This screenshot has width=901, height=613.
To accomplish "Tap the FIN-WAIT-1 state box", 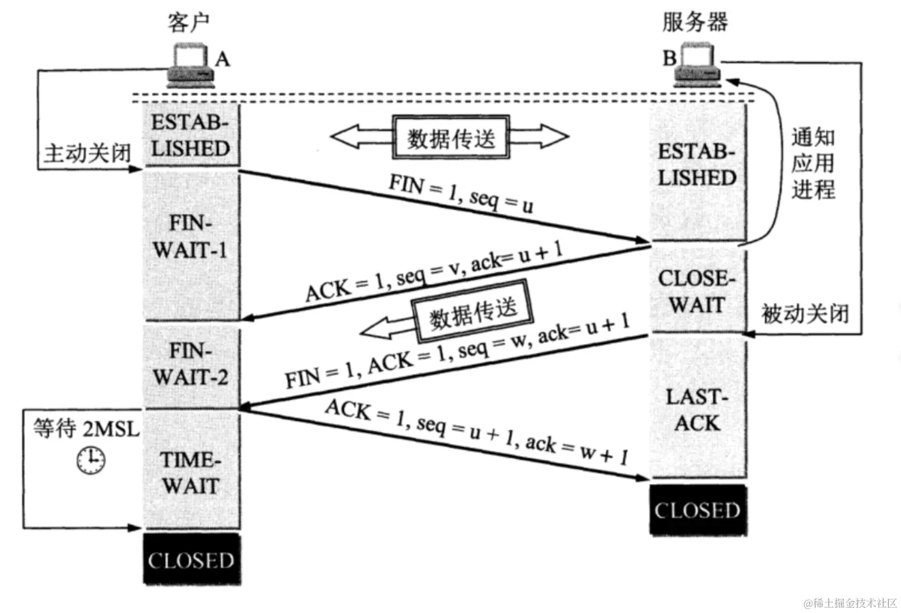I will (x=191, y=237).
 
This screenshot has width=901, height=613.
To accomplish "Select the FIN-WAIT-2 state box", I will (x=191, y=364).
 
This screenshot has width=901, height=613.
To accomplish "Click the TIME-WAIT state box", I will (x=191, y=473).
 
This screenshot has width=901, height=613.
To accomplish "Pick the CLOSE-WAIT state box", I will (x=697, y=291).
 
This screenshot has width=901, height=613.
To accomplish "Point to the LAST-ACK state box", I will (x=697, y=410).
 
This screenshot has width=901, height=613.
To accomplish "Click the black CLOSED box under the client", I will (x=191, y=560).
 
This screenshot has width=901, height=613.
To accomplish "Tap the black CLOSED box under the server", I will (x=698, y=510).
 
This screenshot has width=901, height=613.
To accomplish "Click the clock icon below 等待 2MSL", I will (x=90, y=460).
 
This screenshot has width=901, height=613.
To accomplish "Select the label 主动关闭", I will (x=87, y=154).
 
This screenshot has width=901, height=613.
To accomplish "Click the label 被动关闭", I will (x=805, y=314).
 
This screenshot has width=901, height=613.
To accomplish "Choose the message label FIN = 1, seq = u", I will (x=461, y=193).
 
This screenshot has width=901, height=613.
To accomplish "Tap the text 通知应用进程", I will (x=813, y=164).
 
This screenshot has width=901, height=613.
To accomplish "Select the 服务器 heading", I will (x=695, y=22).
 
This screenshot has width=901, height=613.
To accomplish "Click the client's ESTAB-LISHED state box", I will (x=191, y=135).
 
